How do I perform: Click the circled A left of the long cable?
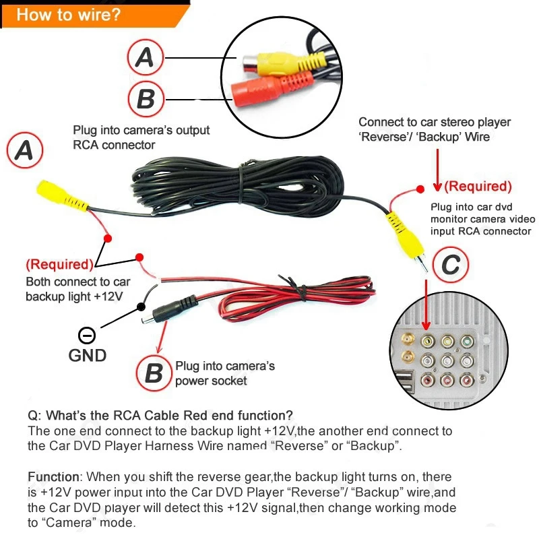click(24, 150)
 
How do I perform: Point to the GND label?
click(88, 354)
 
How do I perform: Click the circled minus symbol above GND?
click(88, 335)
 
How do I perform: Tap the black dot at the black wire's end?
click(141, 307)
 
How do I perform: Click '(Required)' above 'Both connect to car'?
click(59, 264)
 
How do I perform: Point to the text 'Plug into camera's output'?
click(141, 130)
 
